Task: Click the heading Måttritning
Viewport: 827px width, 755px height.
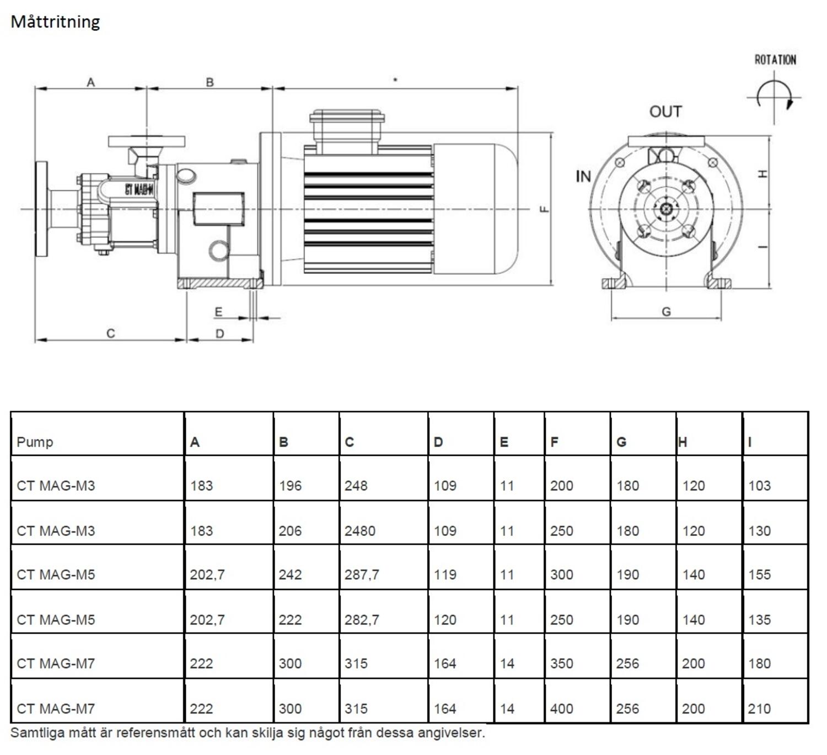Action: pos(55,22)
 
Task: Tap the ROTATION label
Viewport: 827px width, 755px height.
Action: pos(775,60)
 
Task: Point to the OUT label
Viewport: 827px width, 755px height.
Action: pos(665,112)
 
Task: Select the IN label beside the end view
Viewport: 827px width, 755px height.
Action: pos(583,177)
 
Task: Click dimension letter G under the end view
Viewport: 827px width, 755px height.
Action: pos(666,312)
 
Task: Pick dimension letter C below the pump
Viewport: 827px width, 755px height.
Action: pos(111,333)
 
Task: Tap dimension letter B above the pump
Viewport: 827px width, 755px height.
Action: pos(210,82)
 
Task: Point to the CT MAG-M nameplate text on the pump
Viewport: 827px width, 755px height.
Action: pos(139,189)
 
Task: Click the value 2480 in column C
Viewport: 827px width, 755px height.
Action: pos(360,531)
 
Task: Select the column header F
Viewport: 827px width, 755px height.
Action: pos(554,442)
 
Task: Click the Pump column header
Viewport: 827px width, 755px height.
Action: pos(35,442)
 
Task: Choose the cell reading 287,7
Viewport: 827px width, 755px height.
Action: pos(362,575)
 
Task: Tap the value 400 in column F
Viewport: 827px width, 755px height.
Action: pos(561,709)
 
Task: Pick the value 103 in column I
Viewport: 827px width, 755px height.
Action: pos(759,486)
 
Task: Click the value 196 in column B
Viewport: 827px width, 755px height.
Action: pos(290,486)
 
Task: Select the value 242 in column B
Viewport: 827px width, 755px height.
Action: pos(290,575)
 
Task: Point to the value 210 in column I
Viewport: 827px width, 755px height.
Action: pos(759,709)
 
